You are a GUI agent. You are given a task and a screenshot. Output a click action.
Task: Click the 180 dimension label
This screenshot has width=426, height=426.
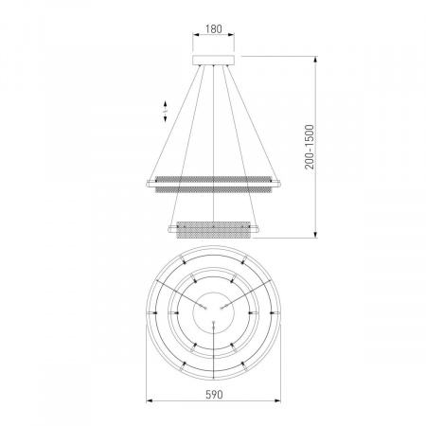214,28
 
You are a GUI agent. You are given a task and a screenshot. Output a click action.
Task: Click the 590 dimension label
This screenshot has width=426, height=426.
214,395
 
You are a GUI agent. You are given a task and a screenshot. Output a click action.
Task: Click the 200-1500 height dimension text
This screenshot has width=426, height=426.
310,147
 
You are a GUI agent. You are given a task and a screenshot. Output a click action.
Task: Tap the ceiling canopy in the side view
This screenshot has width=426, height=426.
214,60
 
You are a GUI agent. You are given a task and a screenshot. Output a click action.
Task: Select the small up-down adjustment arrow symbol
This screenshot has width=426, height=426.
165,111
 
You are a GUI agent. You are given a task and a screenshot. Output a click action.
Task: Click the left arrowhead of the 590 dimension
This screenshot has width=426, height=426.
150,400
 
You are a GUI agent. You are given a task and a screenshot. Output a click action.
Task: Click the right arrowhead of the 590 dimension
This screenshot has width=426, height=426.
277,400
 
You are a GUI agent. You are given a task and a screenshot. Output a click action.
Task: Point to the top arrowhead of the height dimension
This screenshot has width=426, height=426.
315,60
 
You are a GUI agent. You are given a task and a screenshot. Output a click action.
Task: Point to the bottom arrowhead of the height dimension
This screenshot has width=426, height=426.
315,234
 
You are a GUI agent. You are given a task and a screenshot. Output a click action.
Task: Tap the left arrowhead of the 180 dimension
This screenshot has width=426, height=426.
196,35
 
